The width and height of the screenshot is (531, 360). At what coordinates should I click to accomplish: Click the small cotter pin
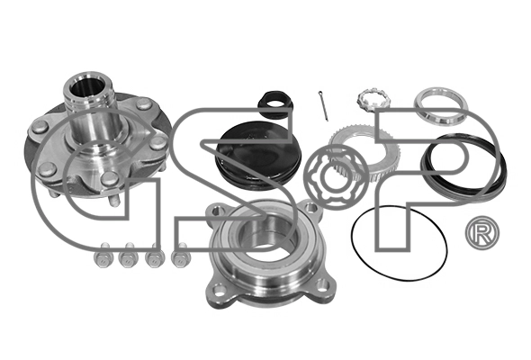click(x=323, y=105)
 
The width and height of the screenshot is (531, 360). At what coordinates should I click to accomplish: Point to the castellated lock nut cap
click(x=375, y=99)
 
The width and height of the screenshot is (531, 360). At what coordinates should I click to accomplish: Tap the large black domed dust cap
click(x=258, y=157)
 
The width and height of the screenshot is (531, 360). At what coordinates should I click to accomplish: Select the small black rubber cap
click(x=276, y=104)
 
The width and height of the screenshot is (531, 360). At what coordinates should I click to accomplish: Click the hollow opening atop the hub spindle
click(x=87, y=89)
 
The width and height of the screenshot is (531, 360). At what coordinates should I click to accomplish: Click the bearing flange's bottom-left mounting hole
click(x=220, y=290)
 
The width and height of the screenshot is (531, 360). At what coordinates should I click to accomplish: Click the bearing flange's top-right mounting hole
click(x=310, y=206)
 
